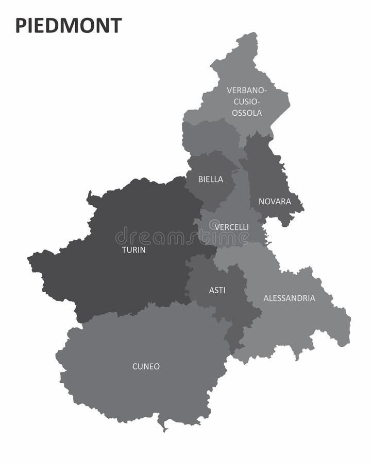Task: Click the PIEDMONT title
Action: tap(69, 25)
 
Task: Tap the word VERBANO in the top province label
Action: tap(247, 91)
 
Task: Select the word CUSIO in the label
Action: tap(247, 101)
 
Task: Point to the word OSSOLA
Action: tap(247, 113)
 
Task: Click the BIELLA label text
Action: tap(211, 180)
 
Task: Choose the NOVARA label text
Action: tap(275, 201)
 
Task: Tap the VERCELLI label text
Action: tap(232, 227)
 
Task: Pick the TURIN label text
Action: tap(133, 250)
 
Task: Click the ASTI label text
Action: tap(217, 290)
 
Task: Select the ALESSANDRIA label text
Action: tap(289, 298)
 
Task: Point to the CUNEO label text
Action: tap(146, 367)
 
